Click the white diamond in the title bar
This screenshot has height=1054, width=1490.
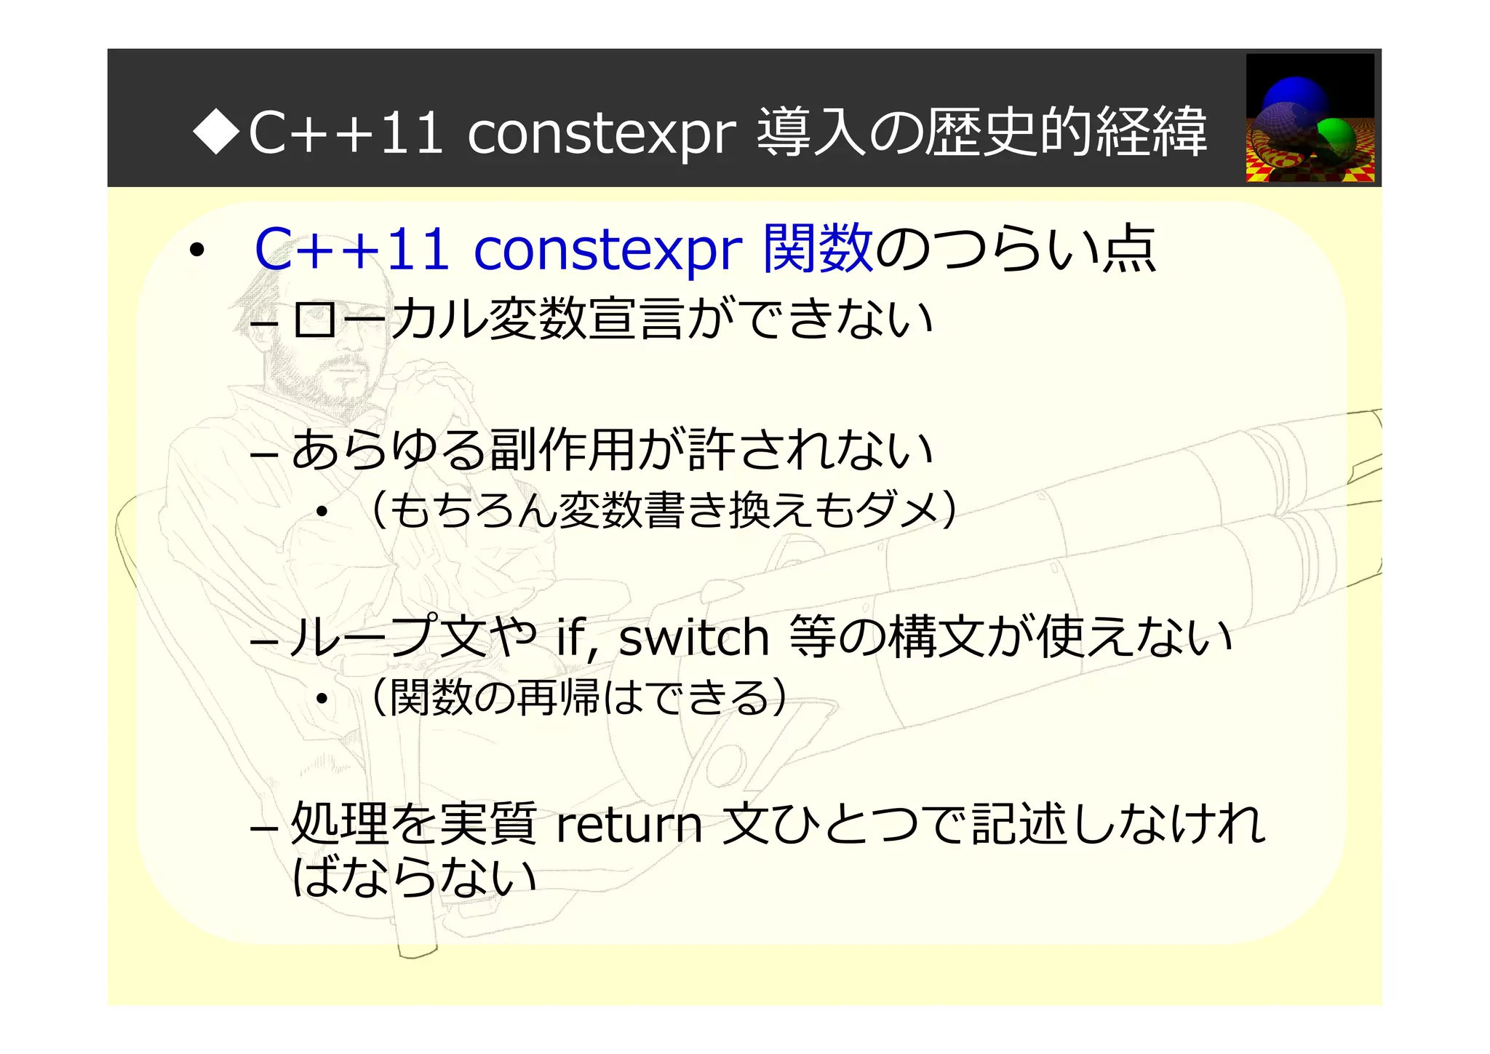pyautogui.click(x=216, y=132)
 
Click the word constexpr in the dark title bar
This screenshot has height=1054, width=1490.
pyautogui.click(x=602, y=133)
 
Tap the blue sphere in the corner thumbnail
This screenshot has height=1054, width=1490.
pyautogui.click(x=1295, y=98)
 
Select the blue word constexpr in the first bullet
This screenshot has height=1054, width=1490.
pyautogui.click(x=607, y=250)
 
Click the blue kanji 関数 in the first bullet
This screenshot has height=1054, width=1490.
pyautogui.click(x=817, y=248)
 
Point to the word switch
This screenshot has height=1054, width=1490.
pyautogui.click(x=693, y=638)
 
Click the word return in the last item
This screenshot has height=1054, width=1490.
pyautogui.click(x=629, y=825)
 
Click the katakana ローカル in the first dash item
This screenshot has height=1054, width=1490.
pyautogui.click(x=389, y=320)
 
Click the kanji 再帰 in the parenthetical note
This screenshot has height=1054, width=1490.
pyautogui.click(x=557, y=697)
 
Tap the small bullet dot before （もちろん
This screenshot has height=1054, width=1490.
pyautogui.click(x=323, y=512)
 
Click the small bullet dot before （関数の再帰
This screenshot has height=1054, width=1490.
pyautogui.click(x=323, y=700)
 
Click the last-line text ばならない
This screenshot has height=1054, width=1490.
pyautogui.click(x=413, y=876)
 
